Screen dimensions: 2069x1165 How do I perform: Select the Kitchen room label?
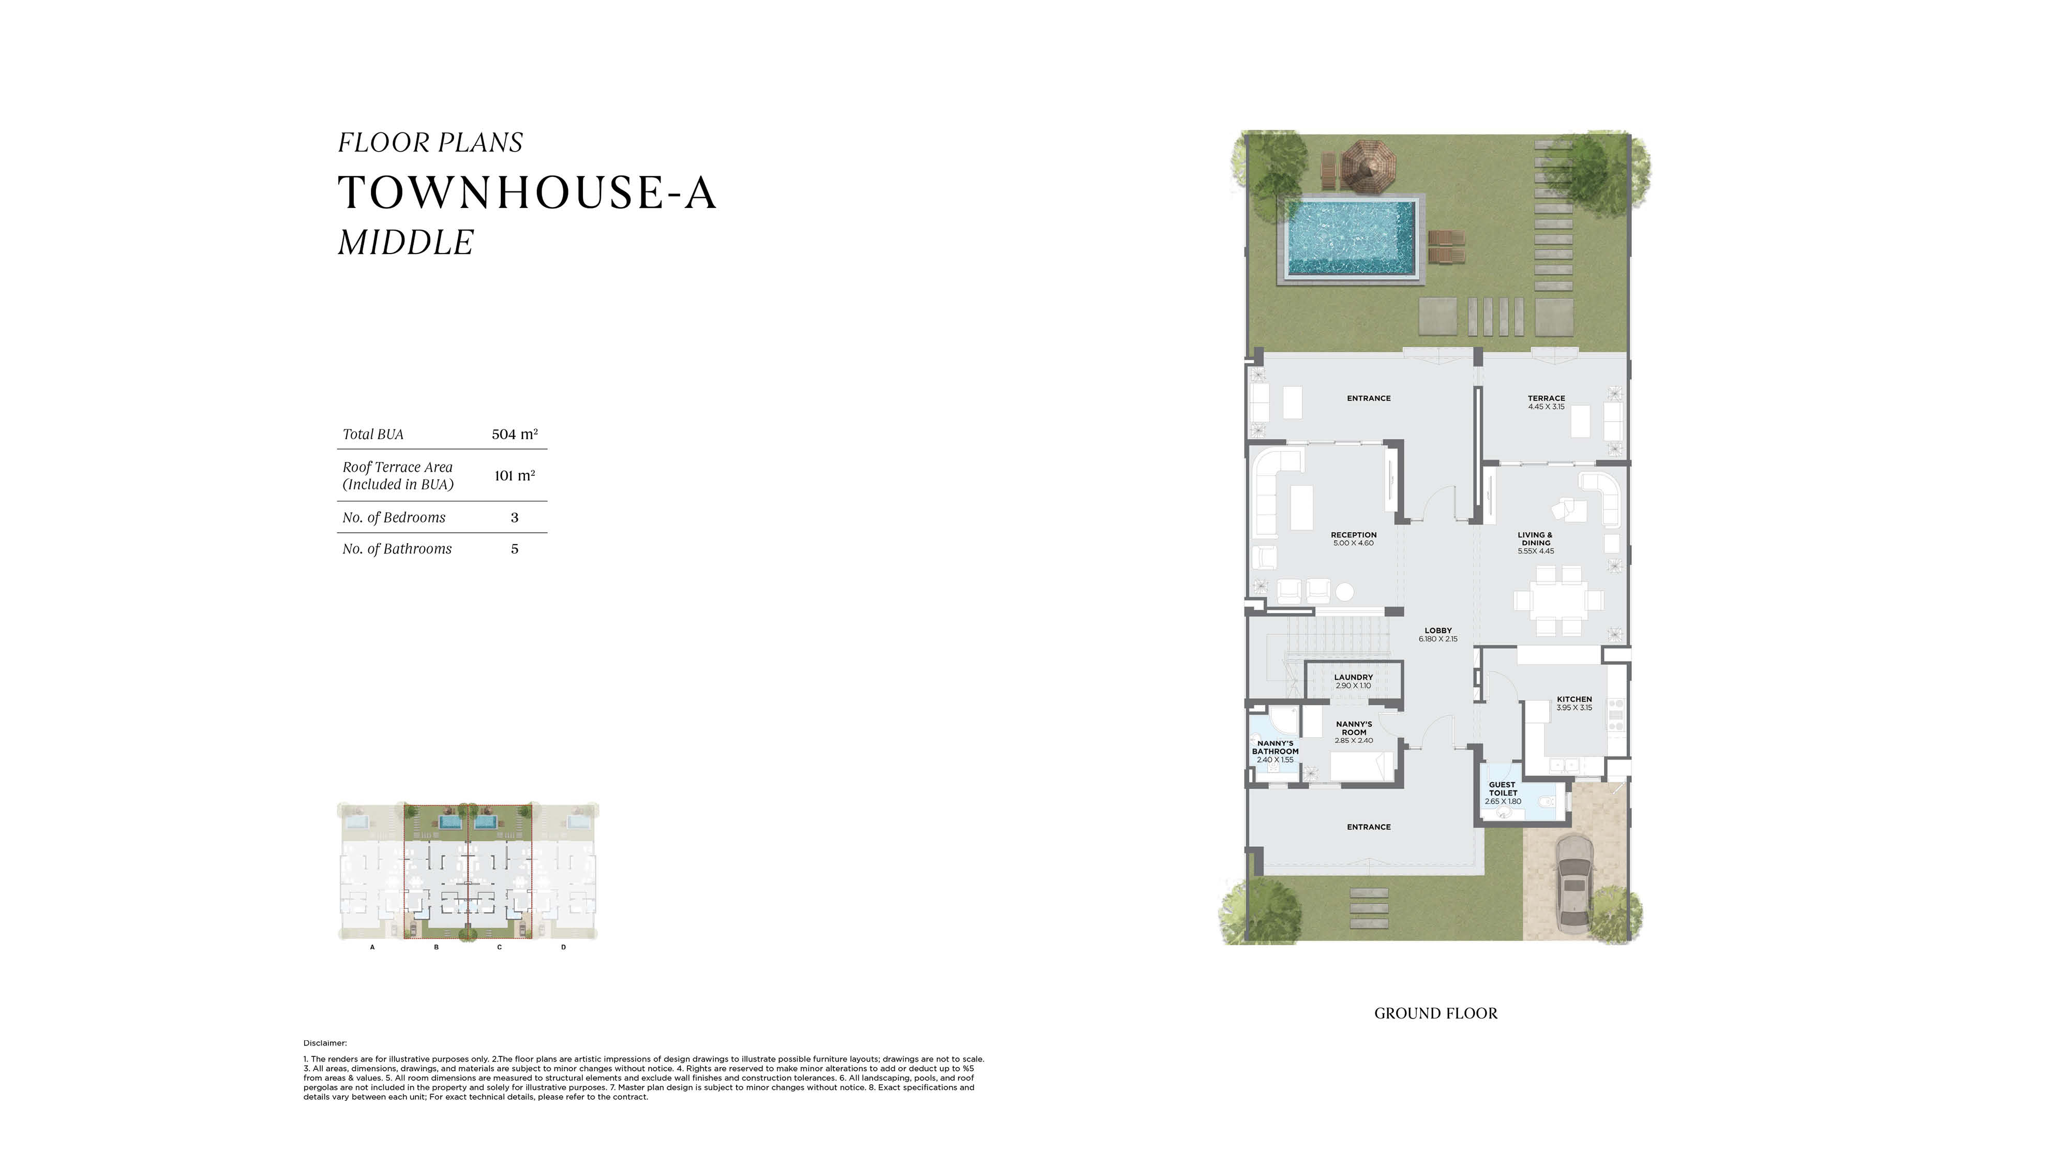tap(1574, 699)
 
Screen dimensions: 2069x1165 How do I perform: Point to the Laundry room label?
tap(1353, 677)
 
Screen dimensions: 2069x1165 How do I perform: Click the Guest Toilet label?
tap(1502, 789)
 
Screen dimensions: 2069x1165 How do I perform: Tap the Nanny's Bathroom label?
tap(1276, 747)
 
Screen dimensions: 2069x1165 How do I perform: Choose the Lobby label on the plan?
tap(1438, 631)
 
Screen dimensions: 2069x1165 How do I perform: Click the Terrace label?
tap(1546, 398)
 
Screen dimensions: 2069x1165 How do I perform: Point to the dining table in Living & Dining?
tap(1558, 600)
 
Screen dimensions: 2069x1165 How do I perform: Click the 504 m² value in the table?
tap(515, 434)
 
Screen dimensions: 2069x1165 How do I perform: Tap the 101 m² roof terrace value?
tap(515, 475)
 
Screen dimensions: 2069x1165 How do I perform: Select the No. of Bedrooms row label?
tap(394, 517)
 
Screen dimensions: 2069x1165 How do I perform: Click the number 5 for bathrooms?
tap(515, 549)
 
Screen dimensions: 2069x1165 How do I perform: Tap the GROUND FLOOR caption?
tap(1436, 1013)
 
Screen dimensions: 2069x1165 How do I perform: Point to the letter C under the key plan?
tap(500, 947)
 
